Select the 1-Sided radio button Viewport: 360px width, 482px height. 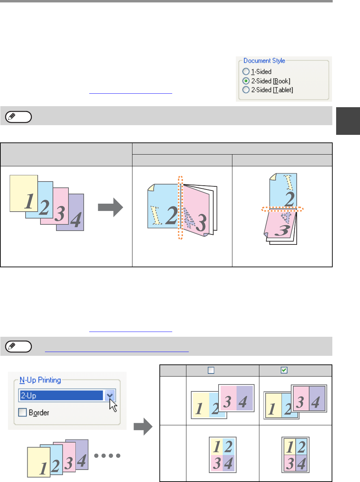coord(246,72)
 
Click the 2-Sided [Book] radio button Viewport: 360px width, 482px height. coord(246,81)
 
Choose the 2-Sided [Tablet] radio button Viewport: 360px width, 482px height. coord(246,90)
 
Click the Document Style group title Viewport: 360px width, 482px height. coord(264,61)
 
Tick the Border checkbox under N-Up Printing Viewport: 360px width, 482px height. coord(22,412)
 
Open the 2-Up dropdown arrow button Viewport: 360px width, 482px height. coord(110,396)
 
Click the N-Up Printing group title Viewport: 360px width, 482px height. coord(40,380)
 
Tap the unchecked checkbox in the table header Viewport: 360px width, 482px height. coord(211,370)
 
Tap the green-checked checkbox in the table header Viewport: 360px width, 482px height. coord(284,370)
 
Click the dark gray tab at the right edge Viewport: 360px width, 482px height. coord(348,121)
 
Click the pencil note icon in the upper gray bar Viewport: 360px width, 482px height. coord(18,117)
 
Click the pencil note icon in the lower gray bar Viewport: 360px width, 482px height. coord(18,346)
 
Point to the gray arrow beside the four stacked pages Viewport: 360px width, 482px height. coord(110,207)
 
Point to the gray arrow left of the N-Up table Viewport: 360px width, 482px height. coord(143,426)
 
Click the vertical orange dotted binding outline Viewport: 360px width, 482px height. coord(180,207)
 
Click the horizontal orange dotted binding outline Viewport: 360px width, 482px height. coord(283,209)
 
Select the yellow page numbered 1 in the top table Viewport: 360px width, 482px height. coord(24,193)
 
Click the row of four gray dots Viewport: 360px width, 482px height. coord(107,456)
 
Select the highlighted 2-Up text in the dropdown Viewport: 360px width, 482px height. coord(28,396)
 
